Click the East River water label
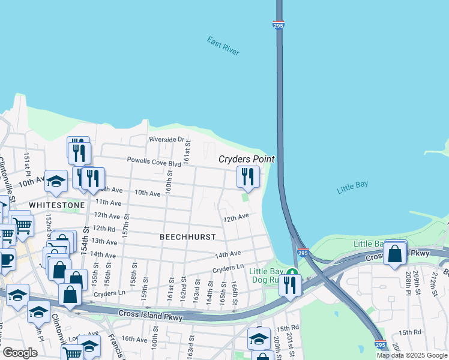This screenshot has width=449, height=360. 223,46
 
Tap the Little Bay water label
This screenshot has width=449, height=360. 352,187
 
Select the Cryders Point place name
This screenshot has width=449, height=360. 246,159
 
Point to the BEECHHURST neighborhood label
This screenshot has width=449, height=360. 187,237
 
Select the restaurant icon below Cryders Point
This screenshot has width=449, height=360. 247,177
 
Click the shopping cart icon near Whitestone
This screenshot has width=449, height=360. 22,226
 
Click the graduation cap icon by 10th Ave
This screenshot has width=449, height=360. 56,182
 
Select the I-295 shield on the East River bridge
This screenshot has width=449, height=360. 280,24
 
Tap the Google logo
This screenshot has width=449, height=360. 20,353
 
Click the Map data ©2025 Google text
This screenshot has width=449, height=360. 412,355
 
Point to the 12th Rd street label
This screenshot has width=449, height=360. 103,229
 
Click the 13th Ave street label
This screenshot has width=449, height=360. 104,241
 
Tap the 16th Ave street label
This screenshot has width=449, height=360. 135,339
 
